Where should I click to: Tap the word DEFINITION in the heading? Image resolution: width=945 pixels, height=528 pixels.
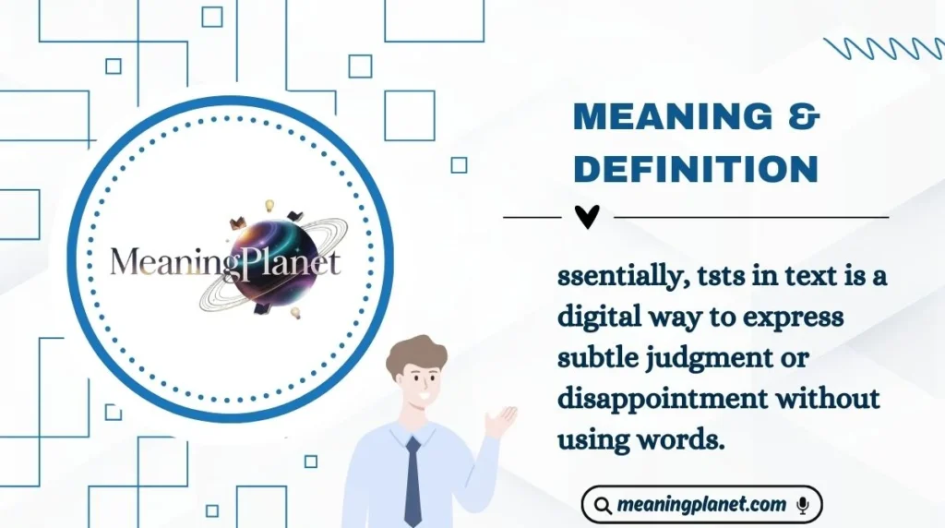click(x=696, y=168)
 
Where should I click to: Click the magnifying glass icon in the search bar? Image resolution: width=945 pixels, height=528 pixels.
click(x=603, y=506)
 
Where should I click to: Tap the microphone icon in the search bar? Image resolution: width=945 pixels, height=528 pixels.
click(x=803, y=505)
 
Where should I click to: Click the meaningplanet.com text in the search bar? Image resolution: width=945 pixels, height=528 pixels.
click(x=701, y=505)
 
